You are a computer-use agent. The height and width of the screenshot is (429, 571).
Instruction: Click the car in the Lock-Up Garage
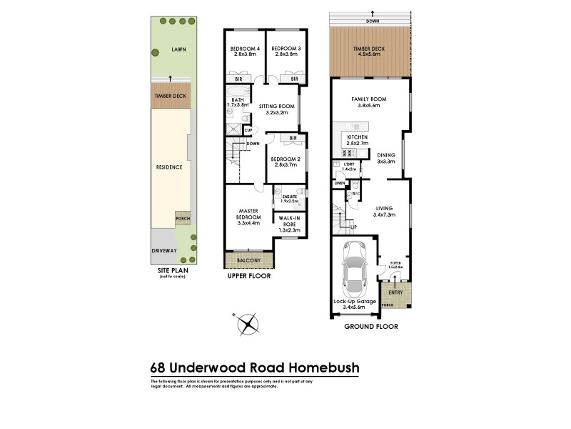tap(355, 272)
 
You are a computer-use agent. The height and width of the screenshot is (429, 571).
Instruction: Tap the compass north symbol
tap(248, 323)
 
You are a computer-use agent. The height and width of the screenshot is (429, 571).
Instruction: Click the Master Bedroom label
tap(249, 217)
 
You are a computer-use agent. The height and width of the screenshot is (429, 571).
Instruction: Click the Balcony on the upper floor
tap(249, 262)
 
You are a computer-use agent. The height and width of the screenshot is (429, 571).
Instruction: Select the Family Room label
tap(369, 102)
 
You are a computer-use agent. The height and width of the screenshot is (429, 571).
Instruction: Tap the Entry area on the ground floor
tap(395, 292)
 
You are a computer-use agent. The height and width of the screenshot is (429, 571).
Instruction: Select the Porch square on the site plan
tap(183, 220)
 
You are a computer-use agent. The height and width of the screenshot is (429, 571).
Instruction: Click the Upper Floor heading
tap(248, 275)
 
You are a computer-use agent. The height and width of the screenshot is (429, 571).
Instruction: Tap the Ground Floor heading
tap(370, 326)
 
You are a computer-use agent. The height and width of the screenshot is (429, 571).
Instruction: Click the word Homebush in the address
tap(323, 368)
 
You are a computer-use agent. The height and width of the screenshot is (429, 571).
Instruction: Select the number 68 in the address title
tap(159, 368)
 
